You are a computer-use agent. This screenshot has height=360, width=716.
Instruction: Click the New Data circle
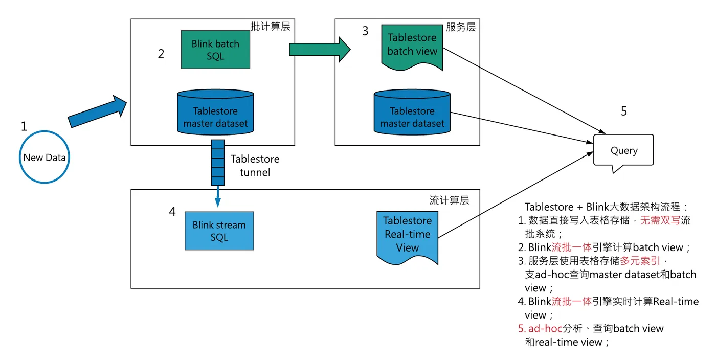[44, 157]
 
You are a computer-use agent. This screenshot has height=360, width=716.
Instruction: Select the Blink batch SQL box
[215, 50]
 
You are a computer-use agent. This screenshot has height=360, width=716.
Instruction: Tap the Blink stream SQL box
[219, 231]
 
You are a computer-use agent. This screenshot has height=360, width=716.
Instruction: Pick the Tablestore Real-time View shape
[407, 235]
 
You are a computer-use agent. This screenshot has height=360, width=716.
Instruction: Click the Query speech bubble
[623, 150]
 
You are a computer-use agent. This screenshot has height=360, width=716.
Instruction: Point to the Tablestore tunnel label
[255, 165]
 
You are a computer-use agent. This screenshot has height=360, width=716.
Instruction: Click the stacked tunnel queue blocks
[218, 162]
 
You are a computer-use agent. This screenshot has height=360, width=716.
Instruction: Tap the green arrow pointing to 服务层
[320, 50]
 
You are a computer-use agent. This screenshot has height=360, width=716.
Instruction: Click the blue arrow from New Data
[97, 111]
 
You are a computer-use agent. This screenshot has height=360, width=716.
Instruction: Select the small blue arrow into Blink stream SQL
[218, 197]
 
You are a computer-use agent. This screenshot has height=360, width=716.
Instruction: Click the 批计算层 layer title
[270, 27]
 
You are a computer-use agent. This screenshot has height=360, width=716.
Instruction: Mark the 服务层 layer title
[460, 27]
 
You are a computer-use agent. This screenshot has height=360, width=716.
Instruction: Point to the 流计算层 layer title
[449, 200]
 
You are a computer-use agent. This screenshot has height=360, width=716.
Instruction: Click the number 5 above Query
[623, 111]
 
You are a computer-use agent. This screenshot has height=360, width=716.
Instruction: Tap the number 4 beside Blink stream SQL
[172, 211]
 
